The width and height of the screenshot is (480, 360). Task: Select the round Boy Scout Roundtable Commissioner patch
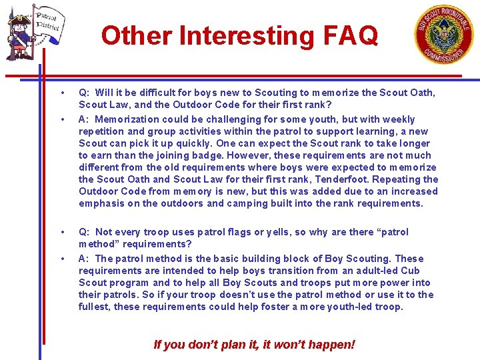443,33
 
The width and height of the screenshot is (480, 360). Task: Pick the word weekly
397,119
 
